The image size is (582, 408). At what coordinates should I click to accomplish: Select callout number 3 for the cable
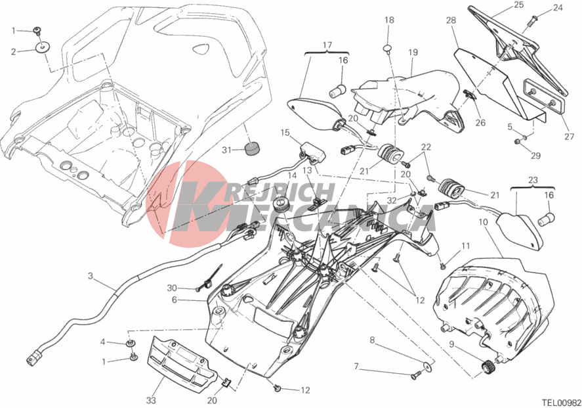pos(91,277)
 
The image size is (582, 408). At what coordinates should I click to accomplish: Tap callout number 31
pos(224,150)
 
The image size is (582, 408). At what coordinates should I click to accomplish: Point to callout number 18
pos(389,20)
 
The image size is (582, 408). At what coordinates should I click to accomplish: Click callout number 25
pos(518,5)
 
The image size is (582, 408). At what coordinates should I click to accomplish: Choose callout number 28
pos(451,21)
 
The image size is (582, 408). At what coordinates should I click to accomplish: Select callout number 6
pos(175,300)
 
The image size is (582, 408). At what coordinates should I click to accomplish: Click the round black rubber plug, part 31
pos(252,147)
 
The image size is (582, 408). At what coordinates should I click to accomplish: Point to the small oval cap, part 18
pos(388,47)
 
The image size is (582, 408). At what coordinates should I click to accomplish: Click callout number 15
pos(285,133)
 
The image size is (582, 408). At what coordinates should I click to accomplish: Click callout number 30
pos(172,288)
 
